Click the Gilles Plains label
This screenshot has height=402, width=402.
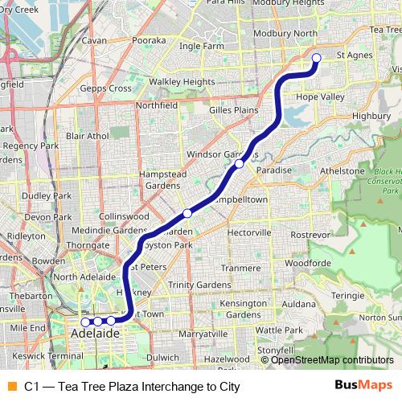tap(232, 109)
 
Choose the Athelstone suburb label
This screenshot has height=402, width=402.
tap(343, 171)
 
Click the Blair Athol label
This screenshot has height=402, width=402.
tap(87, 136)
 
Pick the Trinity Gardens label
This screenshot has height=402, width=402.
tap(199, 285)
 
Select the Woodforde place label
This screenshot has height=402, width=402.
tap(308, 263)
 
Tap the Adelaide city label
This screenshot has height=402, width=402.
tap(95, 333)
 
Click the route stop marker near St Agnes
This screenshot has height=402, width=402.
tap(317, 58)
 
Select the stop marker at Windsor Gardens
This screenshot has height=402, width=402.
tap(240, 164)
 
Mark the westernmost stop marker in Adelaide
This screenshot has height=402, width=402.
tap(85, 322)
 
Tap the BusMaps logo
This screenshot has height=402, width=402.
tap(363, 386)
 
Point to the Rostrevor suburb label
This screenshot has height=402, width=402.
tap(310, 234)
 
